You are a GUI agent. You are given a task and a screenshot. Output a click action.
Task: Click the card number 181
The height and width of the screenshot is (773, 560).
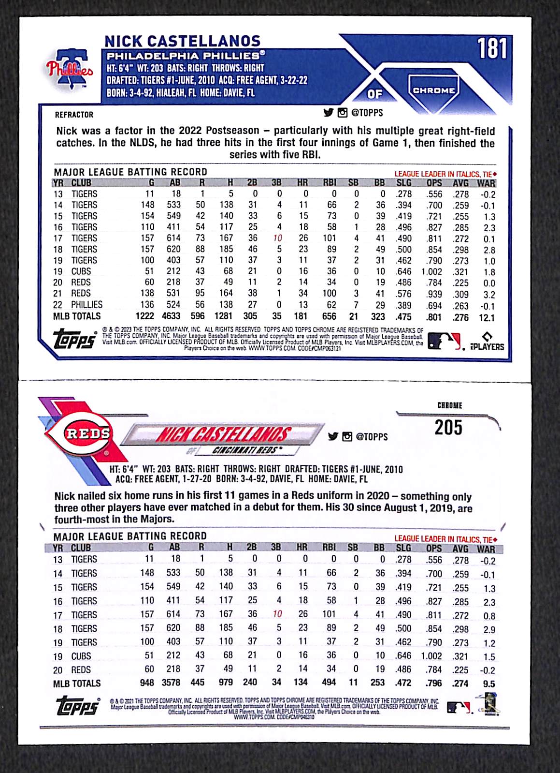[x=492, y=49]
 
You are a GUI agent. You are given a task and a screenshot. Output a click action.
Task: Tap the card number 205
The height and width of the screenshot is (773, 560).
[x=448, y=428]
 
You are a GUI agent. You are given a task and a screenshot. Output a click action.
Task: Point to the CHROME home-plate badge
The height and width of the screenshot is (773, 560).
[x=433, y=90]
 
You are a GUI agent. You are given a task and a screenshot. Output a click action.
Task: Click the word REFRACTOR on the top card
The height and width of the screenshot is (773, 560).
[x=74, y=115]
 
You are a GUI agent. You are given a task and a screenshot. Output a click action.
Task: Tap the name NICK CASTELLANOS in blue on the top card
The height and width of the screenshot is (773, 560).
[x=182, y=41]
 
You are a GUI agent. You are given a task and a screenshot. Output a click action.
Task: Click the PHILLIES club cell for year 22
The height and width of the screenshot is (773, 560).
[x=86, y=305]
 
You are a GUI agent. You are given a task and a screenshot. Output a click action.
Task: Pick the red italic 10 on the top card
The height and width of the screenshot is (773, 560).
[x=277, y=238]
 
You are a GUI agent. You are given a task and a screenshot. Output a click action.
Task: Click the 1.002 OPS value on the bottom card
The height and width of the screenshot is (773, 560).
[x=431, y=656]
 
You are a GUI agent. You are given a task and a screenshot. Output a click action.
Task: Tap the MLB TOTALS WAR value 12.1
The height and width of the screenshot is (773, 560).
[x=487, y=318]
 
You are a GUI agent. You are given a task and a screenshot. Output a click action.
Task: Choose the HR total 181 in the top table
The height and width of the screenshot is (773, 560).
[x=301, y=316]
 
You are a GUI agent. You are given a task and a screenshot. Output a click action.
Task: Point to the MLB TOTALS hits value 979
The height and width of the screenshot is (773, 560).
[x=226, y=683]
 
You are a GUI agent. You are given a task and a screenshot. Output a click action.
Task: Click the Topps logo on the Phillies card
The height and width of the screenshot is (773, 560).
[x=75, y=339]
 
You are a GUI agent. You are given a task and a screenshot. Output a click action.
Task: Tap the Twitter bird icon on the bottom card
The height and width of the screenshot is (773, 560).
[x=333, y=436]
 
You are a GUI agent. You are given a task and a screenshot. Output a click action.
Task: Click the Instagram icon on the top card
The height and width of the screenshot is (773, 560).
[x=343, y=113]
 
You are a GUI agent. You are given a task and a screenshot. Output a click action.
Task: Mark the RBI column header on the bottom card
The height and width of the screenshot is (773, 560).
[x=329, y=548]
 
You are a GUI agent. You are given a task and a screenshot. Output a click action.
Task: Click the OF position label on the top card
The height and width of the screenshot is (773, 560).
[x=374, y=94]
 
